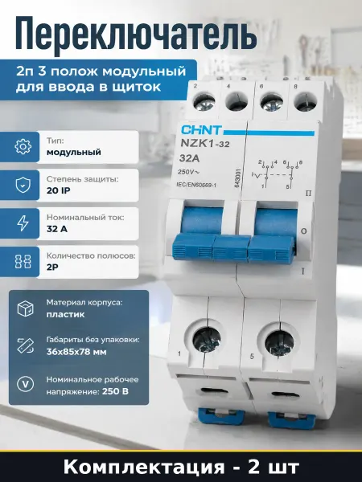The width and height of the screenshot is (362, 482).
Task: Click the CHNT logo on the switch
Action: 201,130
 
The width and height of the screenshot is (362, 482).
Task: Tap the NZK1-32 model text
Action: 204,144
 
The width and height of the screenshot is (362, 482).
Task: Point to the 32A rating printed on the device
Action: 189,158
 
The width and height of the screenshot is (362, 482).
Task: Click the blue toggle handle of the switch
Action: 234,247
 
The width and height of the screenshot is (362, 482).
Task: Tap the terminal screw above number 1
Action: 207,341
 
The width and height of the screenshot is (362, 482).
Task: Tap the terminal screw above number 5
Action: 279,344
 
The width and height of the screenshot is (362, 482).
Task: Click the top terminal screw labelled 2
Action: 204,103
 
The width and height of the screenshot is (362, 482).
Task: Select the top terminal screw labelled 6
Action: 270,103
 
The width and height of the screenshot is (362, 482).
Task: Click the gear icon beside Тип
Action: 23,146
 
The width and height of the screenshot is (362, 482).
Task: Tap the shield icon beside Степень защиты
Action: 23,185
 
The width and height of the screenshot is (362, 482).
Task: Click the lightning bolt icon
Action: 23,223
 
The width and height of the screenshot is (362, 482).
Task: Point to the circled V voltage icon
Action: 25,384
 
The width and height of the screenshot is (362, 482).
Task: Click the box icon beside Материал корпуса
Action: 25,308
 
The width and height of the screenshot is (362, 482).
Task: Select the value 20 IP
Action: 59,190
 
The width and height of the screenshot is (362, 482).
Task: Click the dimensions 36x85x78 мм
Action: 76,352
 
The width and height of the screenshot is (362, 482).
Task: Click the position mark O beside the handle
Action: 304,231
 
